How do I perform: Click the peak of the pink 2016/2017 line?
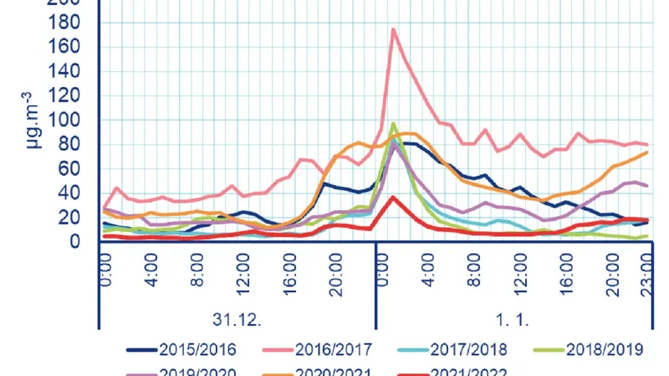(x=393, y=29)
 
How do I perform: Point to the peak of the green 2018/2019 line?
(x=393, y=123)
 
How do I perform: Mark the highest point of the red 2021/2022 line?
(x=393, y=197)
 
